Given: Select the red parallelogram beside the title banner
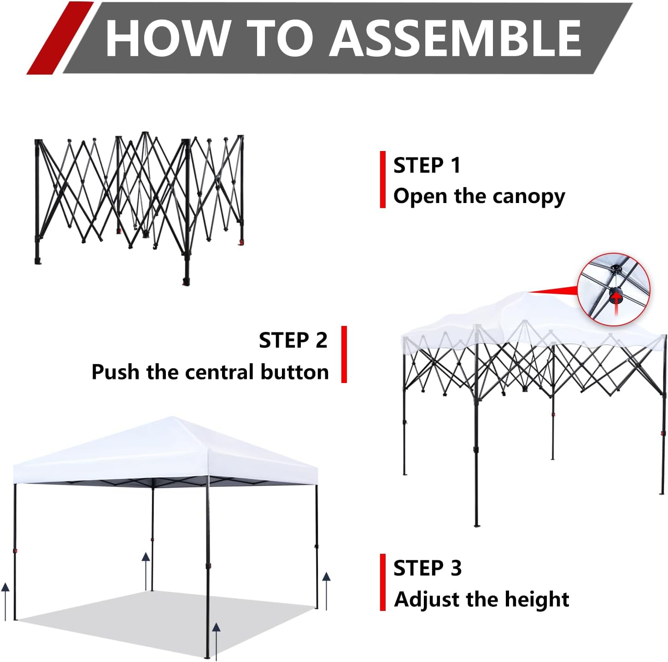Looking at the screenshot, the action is [x=60, y=38].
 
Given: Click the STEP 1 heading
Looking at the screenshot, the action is [x=427, y=165].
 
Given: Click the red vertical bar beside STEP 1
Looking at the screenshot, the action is [x=382, y=180].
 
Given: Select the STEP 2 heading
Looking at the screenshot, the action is [x=293, y=340].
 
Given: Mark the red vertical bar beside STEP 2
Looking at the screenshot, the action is [x=344, y=354].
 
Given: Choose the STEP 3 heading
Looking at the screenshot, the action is [x=427, y=568].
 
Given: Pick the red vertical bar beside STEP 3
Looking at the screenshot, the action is [x=382, y=582].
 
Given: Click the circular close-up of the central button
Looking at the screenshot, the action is [x=614, y=289].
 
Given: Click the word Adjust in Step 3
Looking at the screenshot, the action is [x=427, y=599].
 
